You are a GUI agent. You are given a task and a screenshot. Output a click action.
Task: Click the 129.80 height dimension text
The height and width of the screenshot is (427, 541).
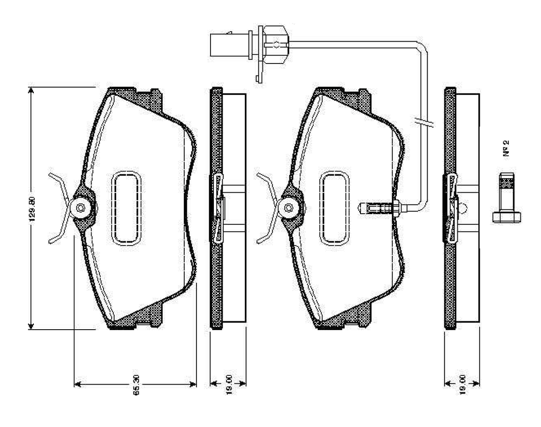pyautogui.click(x=37, y=208)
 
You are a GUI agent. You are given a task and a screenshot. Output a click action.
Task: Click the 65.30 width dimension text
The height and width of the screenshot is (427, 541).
pyautogui.click(x=136, y=390)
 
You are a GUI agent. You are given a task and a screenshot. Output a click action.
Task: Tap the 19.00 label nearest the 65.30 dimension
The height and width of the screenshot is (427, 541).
pyautogui.click(x=229, y=384)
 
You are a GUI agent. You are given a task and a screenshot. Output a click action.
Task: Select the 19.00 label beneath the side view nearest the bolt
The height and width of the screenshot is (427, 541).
pyautogui.click(x=462, y=384)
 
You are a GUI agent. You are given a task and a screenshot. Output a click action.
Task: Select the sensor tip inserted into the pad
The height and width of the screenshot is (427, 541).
pyautogui.click(x=376, y=208)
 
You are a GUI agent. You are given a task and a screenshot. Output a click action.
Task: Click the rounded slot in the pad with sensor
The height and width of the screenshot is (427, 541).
pyautogui.click(x=334, y=208)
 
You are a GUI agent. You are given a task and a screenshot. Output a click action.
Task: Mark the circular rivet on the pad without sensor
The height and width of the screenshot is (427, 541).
pyautogui.click(x=81, y=208)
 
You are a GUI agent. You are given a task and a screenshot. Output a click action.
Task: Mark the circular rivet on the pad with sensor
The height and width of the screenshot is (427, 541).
pyautogui.click(x=289, y=208)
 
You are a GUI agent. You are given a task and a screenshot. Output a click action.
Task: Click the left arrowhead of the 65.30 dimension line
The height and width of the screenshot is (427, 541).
pyautogui.click(x=78, y=384)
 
